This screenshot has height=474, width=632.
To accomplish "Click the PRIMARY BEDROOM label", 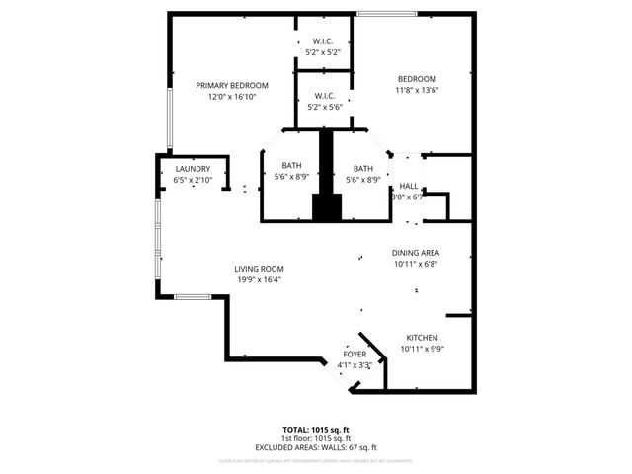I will pyautogui.click(x=231, y=86).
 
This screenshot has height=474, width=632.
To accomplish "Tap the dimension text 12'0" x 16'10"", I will pyautogui.click(x=231, y=98).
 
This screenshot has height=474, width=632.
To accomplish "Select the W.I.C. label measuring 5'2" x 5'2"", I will pyautogui.click(x=324, y=41).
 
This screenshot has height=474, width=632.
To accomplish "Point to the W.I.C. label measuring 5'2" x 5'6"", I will pyautogui.click(x=324, y=96).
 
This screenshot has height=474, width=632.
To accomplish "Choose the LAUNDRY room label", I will pyautogui.click(x=193, y=169).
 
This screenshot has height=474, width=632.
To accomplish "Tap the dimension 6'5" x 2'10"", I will pyautogui.click(x=193, y=181).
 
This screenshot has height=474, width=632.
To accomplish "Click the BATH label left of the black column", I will pyautogui.click(x=291, y=167).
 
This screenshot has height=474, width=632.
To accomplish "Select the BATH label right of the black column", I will pyautogui.click(x=362, y=167).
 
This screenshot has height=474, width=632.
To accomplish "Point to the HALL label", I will pyautogui.click(x=408, y=187).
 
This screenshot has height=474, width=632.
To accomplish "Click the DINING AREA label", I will pyautogui.click(x=415, y=253).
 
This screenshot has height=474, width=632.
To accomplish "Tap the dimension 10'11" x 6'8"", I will pyautogui.click(x=415, y=264).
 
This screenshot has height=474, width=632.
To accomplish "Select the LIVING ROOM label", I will pyautogui.click(x=259, y=269).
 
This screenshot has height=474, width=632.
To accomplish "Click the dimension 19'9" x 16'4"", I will pyautogui.click(x=259, y=280).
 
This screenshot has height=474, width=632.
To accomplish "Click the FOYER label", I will pyautogui.click(x=355, y=354).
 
